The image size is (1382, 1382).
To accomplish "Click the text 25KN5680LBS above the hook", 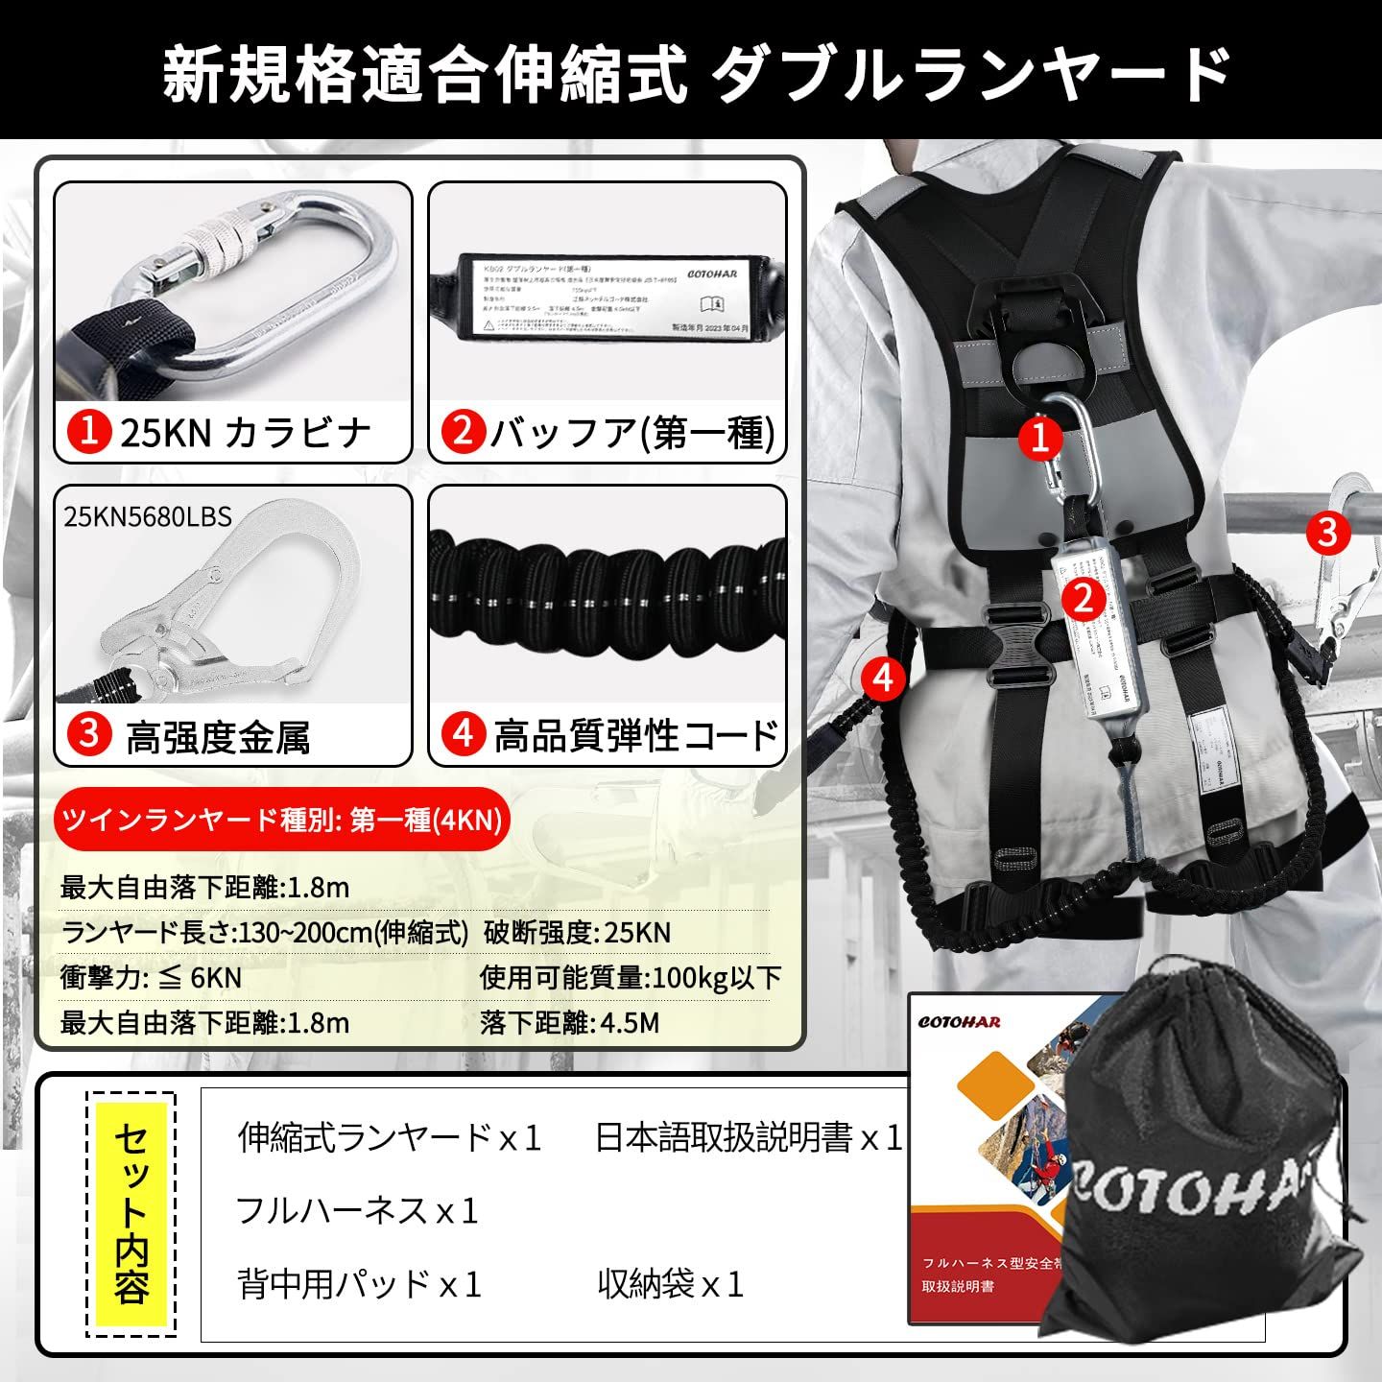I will tap(148, 517).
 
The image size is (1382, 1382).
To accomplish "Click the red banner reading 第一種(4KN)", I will tap(281, 821).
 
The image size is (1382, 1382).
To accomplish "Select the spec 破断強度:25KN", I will tap(577, 932).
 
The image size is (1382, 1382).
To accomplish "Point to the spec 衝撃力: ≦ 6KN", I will tap(151, 977).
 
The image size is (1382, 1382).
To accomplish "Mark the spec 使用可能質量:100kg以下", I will tap(631, 977).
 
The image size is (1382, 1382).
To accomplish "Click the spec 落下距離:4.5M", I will tap(569, 1022).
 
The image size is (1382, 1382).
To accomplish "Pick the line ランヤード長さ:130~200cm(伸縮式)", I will tap(265, 932).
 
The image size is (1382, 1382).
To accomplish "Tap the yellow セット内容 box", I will tap(131, 1214).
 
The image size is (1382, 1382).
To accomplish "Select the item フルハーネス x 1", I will tap(357, 1211).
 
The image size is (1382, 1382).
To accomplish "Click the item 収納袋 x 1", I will tap(670, 1284).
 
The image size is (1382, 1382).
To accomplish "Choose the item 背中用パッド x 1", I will tap(359, 1284).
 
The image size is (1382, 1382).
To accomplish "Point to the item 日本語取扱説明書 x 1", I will tap(749, 1138).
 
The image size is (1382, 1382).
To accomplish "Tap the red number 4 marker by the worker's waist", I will tap(882, 678).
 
